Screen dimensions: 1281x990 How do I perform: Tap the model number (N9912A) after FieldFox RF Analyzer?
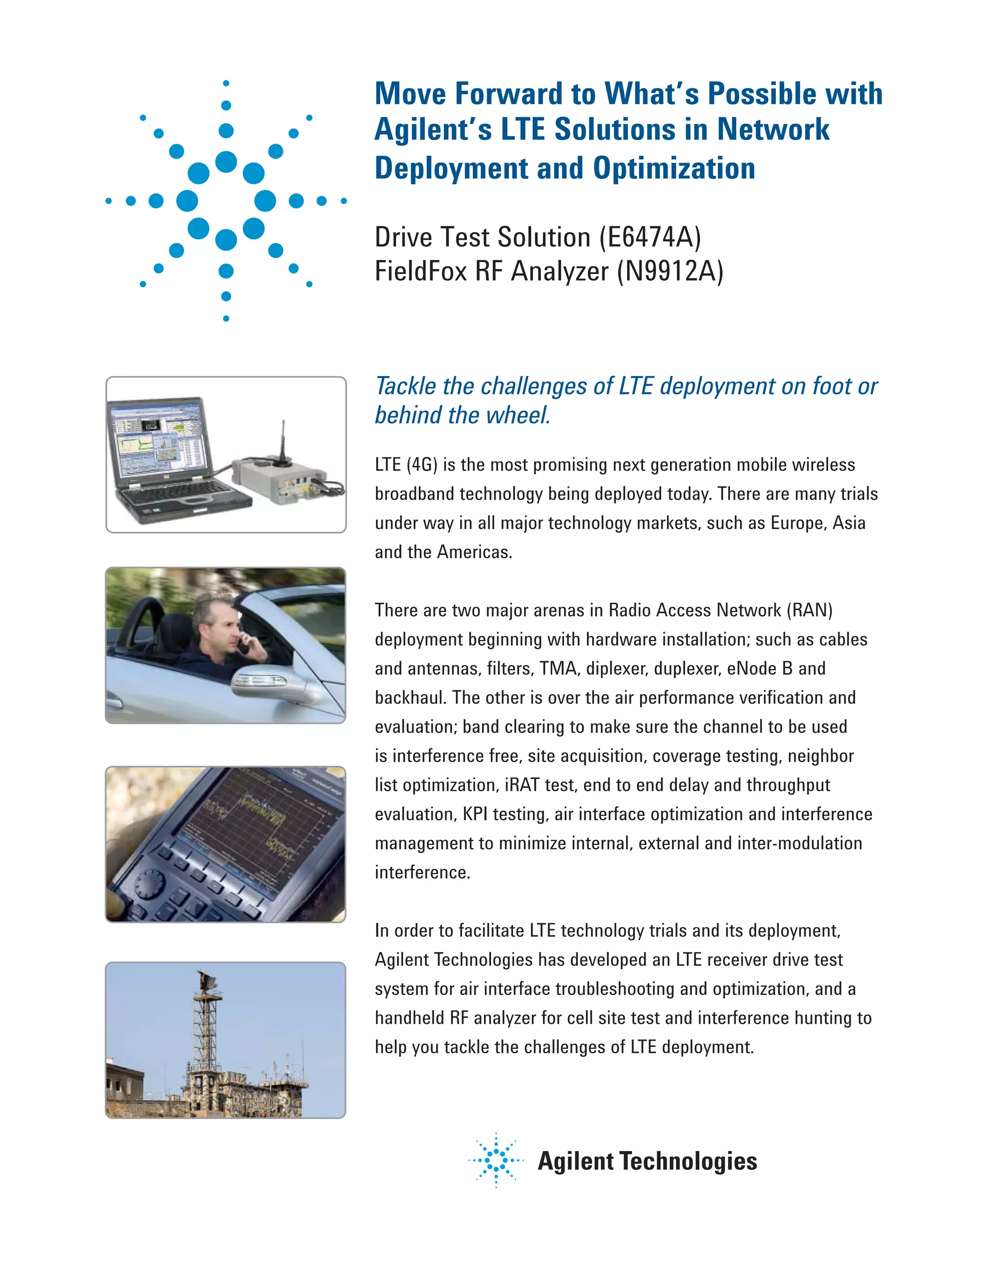(670, 272)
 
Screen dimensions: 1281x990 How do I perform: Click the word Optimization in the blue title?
(674, 168)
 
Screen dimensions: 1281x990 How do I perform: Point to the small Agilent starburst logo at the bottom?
(496, 1160)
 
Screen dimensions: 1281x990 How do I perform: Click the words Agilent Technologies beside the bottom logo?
(647, 1161)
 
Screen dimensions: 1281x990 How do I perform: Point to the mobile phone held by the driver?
(242, 645)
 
